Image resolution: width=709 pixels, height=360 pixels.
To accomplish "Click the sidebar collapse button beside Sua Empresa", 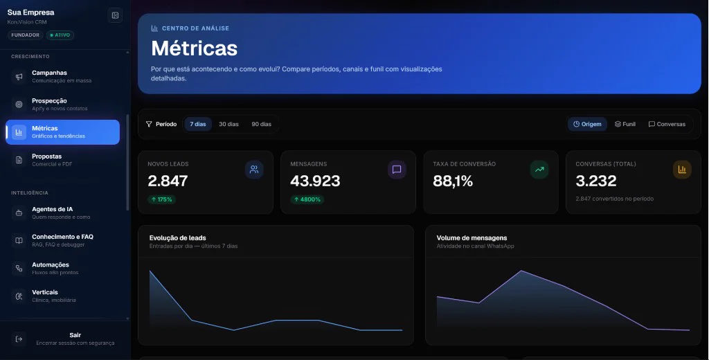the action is pyautogui.click(x=116, y=15).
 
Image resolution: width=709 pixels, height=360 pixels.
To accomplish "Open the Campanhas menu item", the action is pyautogui.click(x=62, y=76).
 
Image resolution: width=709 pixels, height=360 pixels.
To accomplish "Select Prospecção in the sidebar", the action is pyautogui.click(x=62, y=105).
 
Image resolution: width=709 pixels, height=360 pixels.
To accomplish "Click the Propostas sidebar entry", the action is pyautogui.click(x=62, y=160).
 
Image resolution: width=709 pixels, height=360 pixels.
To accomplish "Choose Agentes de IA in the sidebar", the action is pyautogui.click(x=62, y=213).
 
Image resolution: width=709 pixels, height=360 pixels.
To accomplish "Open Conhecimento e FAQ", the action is pyautogui.click(x=62, y=240).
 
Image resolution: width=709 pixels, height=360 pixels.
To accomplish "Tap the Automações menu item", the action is pyautogui.click(x=62, y=268).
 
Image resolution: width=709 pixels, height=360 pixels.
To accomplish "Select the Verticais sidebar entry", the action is pyautogui.click(x=62, y=296).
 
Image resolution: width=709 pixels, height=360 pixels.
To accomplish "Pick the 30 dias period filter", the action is pyautogui.click(x=228, y=124).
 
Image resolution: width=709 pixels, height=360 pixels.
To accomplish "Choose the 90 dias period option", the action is pyautogui.click(x=261, y=124).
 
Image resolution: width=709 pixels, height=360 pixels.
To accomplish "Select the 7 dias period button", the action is pyautogui.click(x=197, y=124).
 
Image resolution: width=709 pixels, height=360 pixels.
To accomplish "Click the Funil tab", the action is pyautogui.click(x=625, y=124).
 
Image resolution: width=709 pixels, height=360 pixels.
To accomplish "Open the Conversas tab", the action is pyautogui.click(x=667, y=124).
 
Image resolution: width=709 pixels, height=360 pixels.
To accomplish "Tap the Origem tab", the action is pyautogui.click(x=587, y=124).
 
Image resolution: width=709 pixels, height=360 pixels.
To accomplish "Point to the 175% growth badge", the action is pyautogui.click(x=161, y=199).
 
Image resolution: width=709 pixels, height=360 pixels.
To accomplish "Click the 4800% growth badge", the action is pyautogui.click(x=307, y=199).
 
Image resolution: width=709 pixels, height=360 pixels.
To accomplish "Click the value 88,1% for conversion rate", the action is pyautogui.click(x=453, y=181).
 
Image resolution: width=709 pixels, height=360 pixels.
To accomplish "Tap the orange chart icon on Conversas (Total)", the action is pyautogui.click(x=682, y=170).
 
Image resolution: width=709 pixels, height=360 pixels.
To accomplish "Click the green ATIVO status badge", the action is pyautogui.click(x=60, y=35).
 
